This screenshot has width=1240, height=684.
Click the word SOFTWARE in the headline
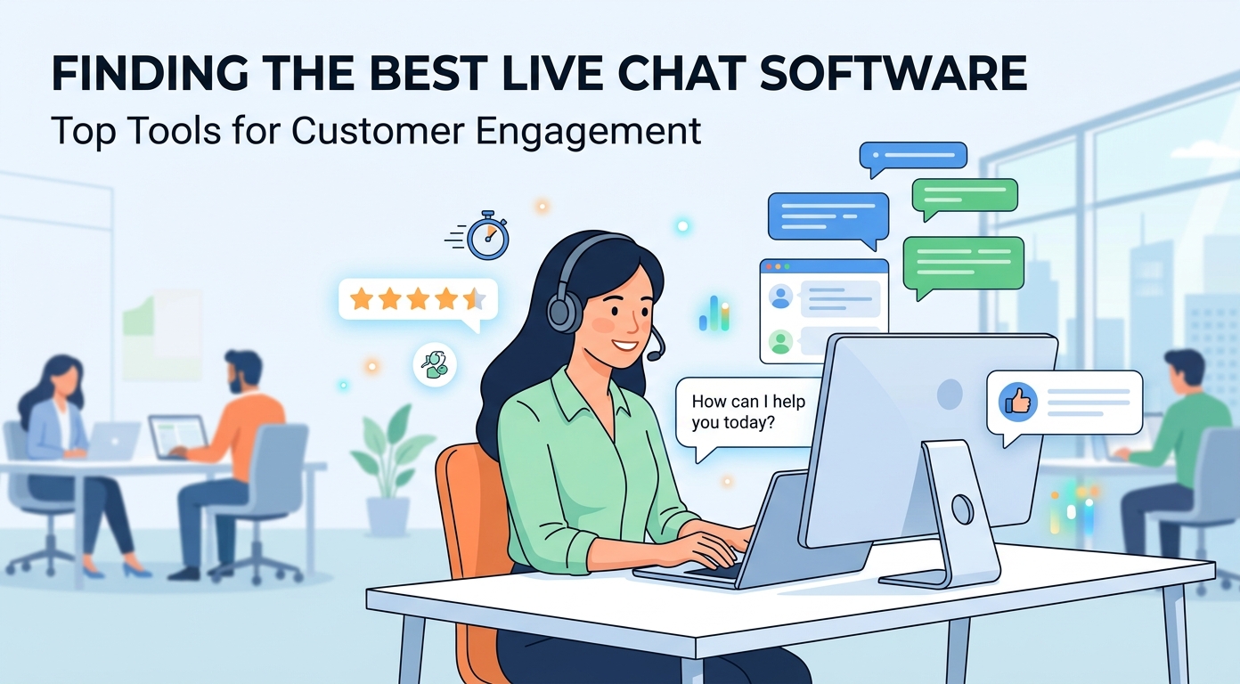pyautogui.click(x=893, y=73)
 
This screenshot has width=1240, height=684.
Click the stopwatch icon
pyautogui.click(x=487, y=235)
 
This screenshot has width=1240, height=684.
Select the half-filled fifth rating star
pyautogui.click(x=475, y=299)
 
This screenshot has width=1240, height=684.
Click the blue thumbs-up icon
pyautogui.click(x=1017, y=402)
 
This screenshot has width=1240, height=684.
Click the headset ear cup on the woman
pyautogui.click(x=564, y=311)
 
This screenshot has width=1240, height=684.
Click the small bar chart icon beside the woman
pyautogui.click(x=714, y=313)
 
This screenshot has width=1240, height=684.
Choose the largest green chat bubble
pyautogui.click(x=963, y=266)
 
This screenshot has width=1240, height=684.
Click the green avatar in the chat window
pyautogui.click(x=780, y=342)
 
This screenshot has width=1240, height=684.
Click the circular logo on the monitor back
pyautogui.click(x=950, y=394)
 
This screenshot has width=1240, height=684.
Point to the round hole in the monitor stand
pyautogui.click(x=963, y=509)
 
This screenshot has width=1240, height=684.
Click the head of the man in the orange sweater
pyautogui.click(x=242, y=370)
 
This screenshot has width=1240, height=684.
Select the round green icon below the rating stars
pyautogui.click(x=435, y=364)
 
